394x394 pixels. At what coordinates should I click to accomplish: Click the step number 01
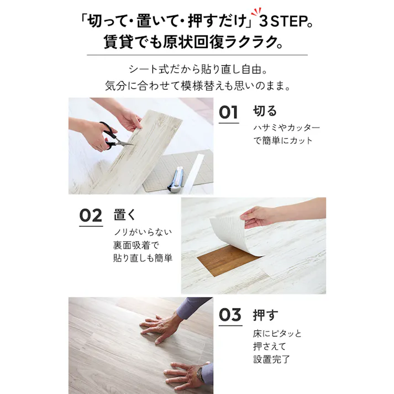pos(229,112)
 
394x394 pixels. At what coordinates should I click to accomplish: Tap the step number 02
pos(91,215)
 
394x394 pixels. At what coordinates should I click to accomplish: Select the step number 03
pos(229,314)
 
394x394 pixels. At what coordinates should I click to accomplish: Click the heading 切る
pos(265,111)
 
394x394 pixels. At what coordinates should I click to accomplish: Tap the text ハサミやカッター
pos(286,128)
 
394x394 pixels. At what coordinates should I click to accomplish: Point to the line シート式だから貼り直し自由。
pos(197,70)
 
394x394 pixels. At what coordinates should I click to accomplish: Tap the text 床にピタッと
pos(277,334)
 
